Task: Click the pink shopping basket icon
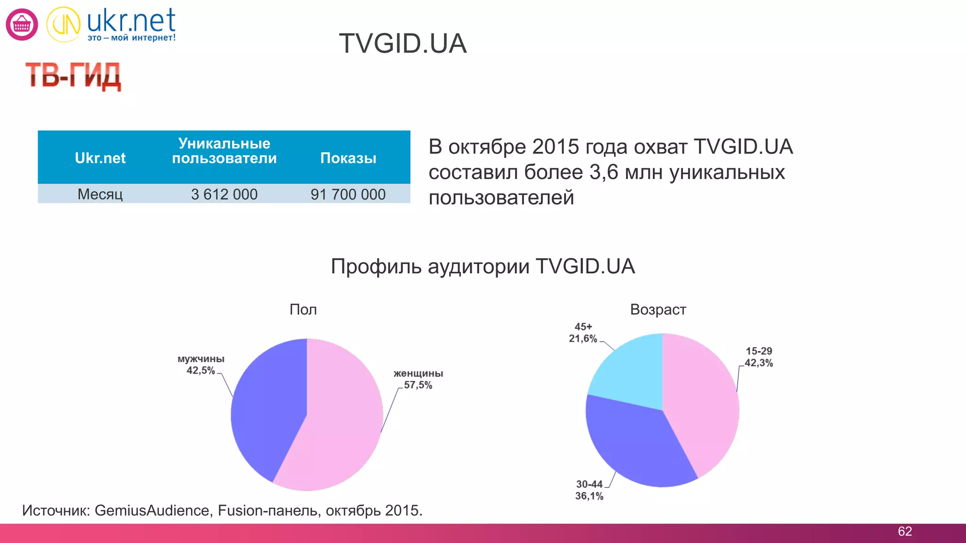[22, 25]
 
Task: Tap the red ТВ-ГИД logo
[73, 76]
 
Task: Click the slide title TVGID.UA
[403, 44]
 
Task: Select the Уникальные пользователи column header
[224, 151]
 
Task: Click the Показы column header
[348, 158]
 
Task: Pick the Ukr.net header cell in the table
[100, 158]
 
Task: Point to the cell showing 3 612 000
[224, 194]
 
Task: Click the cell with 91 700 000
[348, 194]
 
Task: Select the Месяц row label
[100, 194]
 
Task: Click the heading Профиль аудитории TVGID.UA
[483, 266]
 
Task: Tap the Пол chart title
[303, 310]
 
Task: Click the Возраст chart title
[658, 310]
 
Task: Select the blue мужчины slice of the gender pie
[266, 410]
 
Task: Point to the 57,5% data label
[418, 385]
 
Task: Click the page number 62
[905, 532]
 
